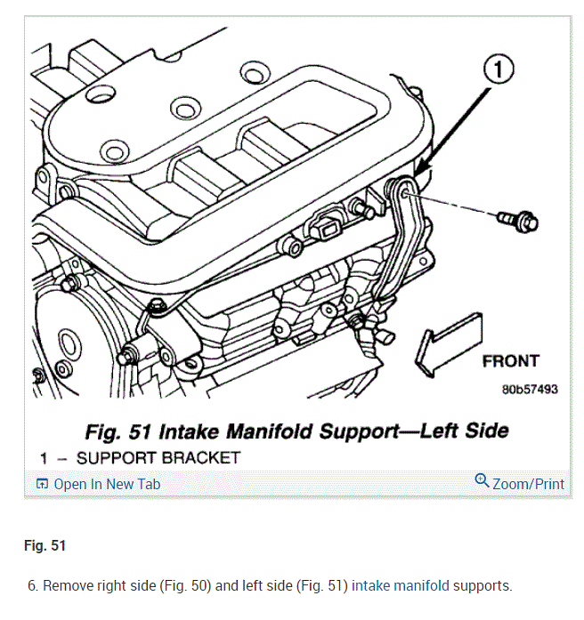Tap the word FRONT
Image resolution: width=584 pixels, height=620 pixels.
tap(510, 361)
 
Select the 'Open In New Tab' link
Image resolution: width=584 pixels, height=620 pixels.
tap(107, 484)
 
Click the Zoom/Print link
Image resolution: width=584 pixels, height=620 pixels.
tap(528, 484)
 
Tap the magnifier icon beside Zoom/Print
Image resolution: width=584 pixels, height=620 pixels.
tap(482, 482)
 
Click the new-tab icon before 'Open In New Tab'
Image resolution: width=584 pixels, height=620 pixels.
tap(42, 484)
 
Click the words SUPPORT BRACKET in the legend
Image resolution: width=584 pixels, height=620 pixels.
tap(158, 457)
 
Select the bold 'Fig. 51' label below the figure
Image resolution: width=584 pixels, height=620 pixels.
tap(45, 545)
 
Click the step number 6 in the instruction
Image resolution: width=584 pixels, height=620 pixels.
tap(33, 586)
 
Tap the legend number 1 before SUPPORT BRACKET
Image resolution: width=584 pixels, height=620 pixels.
tap(43, 457)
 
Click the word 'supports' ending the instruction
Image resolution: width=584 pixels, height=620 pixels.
tap(483, 586)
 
